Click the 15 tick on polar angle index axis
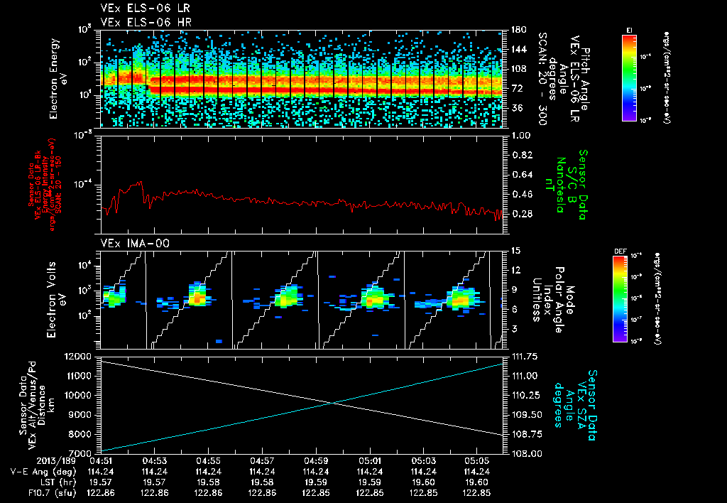pos(515,250)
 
